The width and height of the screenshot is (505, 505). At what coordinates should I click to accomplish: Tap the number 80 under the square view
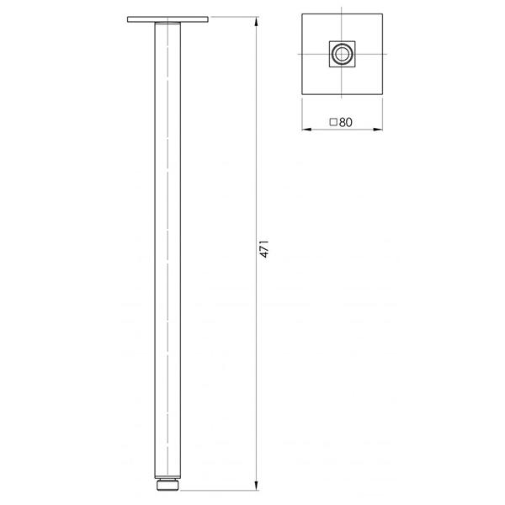point(345,122)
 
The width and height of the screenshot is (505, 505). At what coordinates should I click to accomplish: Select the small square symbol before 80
point(333,122)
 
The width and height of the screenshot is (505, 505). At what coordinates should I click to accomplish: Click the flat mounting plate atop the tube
point(168,19)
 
